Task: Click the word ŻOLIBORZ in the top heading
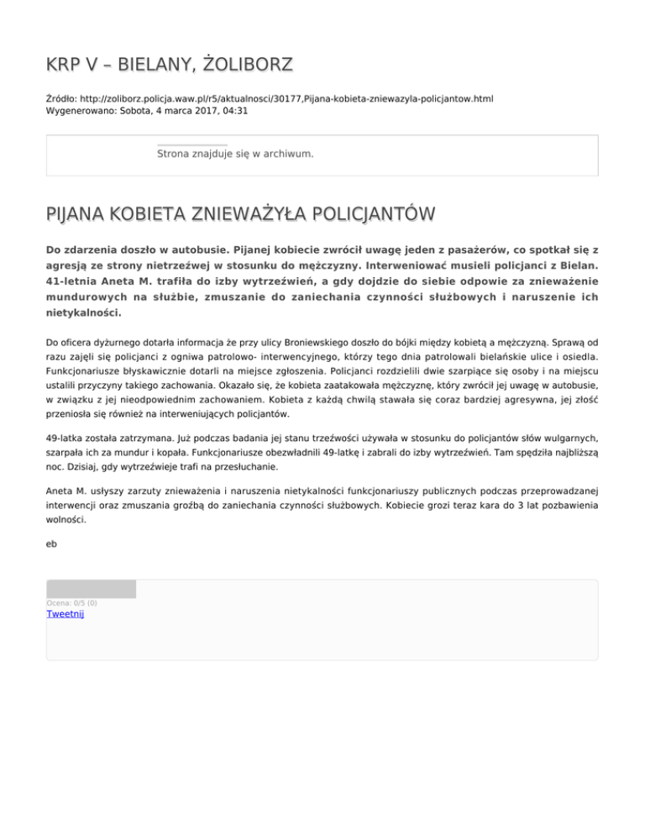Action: click(x=249, y=65)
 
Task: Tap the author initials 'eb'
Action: click(x=52, y=544)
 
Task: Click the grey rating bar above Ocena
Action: click(x=91, y=589)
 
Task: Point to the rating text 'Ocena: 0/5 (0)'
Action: click(x=71, y=603)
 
